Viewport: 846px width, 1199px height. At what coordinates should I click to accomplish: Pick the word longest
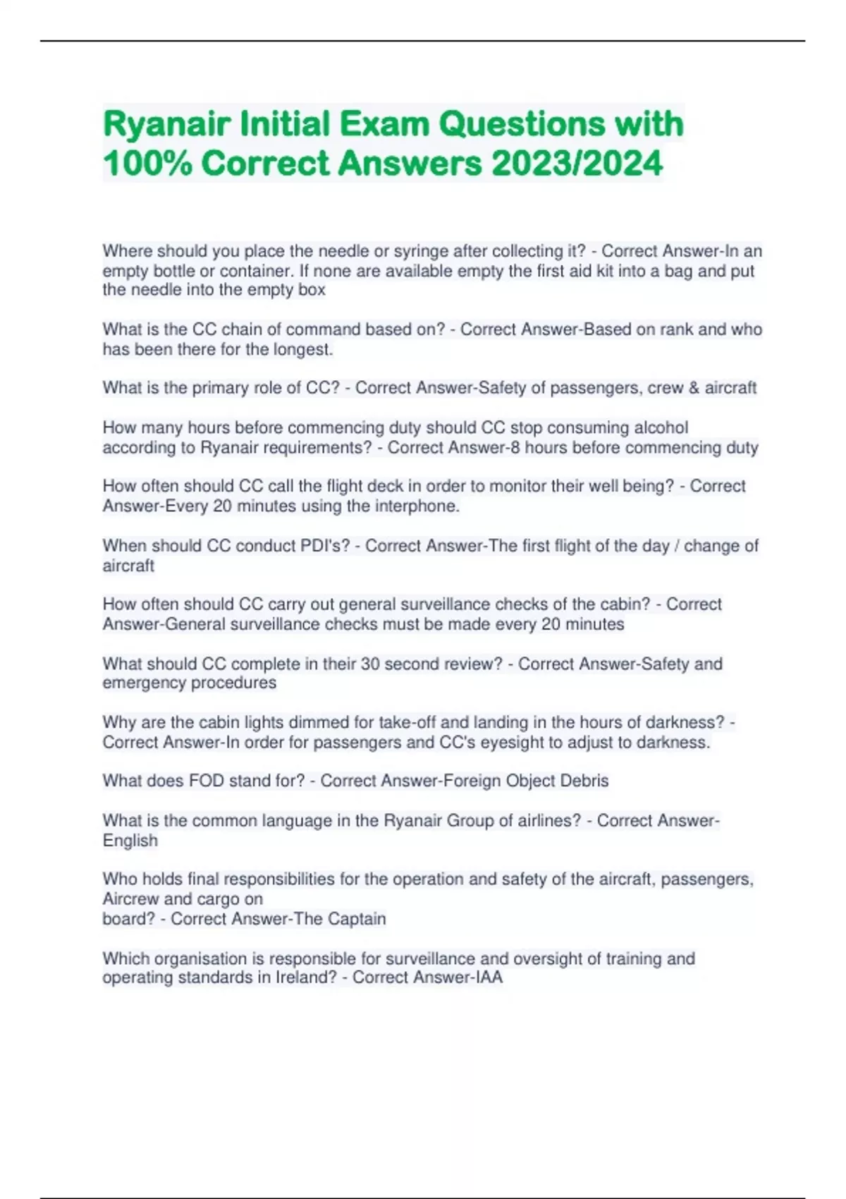coord(301,349)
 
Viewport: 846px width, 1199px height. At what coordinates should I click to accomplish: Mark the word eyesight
coord(580,742)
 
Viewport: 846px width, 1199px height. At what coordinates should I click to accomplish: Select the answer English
coord(130,840)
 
